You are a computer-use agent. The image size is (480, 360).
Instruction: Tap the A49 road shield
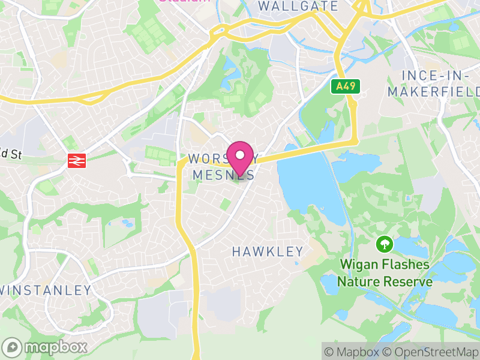[346, 86]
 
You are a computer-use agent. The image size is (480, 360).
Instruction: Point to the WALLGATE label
[291, 6]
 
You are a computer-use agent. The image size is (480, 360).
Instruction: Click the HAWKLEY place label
[268, 252]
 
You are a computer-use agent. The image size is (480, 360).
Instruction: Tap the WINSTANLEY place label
[46, 290]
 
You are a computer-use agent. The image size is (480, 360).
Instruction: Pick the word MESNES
[223, 175]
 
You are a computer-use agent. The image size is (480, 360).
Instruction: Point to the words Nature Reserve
[385, 281]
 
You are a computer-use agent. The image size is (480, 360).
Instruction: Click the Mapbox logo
[45, 347]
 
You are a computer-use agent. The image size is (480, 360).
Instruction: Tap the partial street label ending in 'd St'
[10, 154]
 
